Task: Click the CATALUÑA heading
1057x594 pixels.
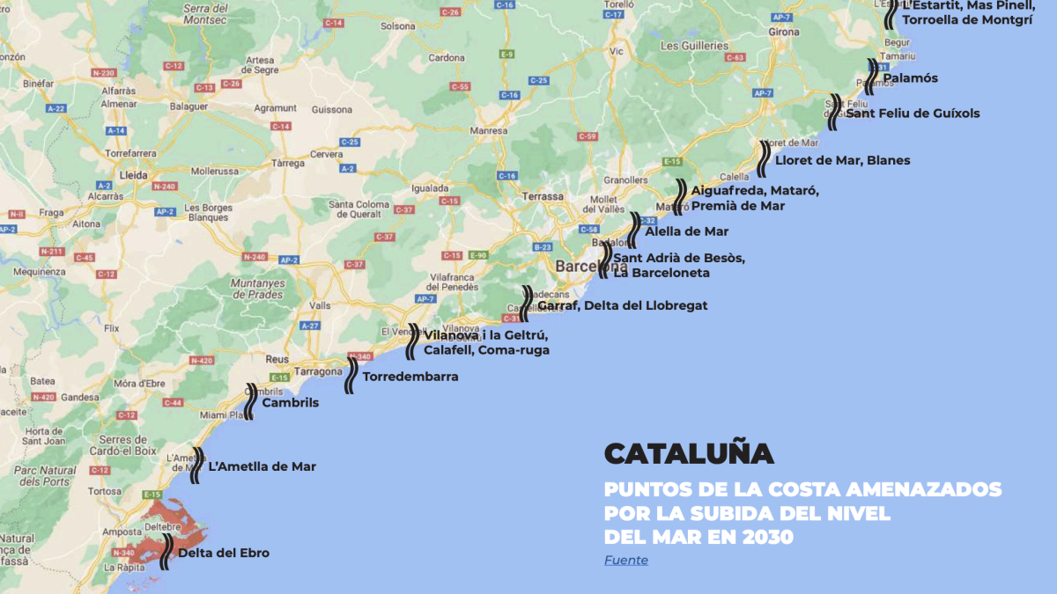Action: pos(689,453)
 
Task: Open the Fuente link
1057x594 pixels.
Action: pos(625,560)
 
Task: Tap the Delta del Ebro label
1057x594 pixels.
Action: pos(224,554)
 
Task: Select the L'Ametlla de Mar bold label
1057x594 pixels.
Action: pos(262,466)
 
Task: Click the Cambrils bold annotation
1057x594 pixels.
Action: pos(291,403)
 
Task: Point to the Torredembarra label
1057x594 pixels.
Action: pos(410,377)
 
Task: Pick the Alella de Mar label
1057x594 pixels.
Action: pos(687,231)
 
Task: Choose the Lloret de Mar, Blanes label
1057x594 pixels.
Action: pos(843,160)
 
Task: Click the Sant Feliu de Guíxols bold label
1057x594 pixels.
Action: pos(913,114)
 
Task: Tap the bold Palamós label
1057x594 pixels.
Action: pos(910,78)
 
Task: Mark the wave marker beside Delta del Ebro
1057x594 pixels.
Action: pos(166,552)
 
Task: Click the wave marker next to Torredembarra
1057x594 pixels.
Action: pos(351,375)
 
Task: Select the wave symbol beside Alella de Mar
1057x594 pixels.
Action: pos(634,230)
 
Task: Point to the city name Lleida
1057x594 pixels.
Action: pos(133,175)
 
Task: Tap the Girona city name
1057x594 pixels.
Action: pos(783,32)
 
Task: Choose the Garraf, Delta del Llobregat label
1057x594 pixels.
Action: pos(622,305)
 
